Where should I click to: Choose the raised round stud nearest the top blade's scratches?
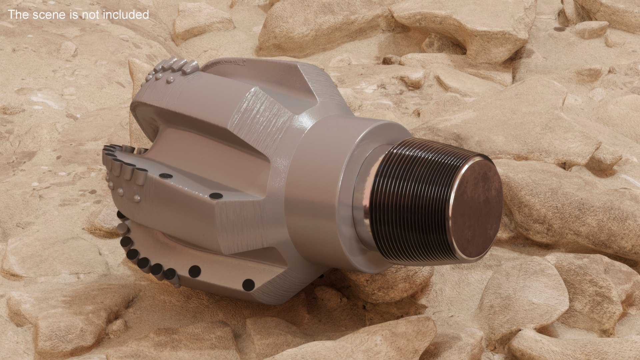coord(171,79)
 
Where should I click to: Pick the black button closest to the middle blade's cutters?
coord(166,176)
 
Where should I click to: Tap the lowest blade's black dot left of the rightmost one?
coord(194,271)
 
